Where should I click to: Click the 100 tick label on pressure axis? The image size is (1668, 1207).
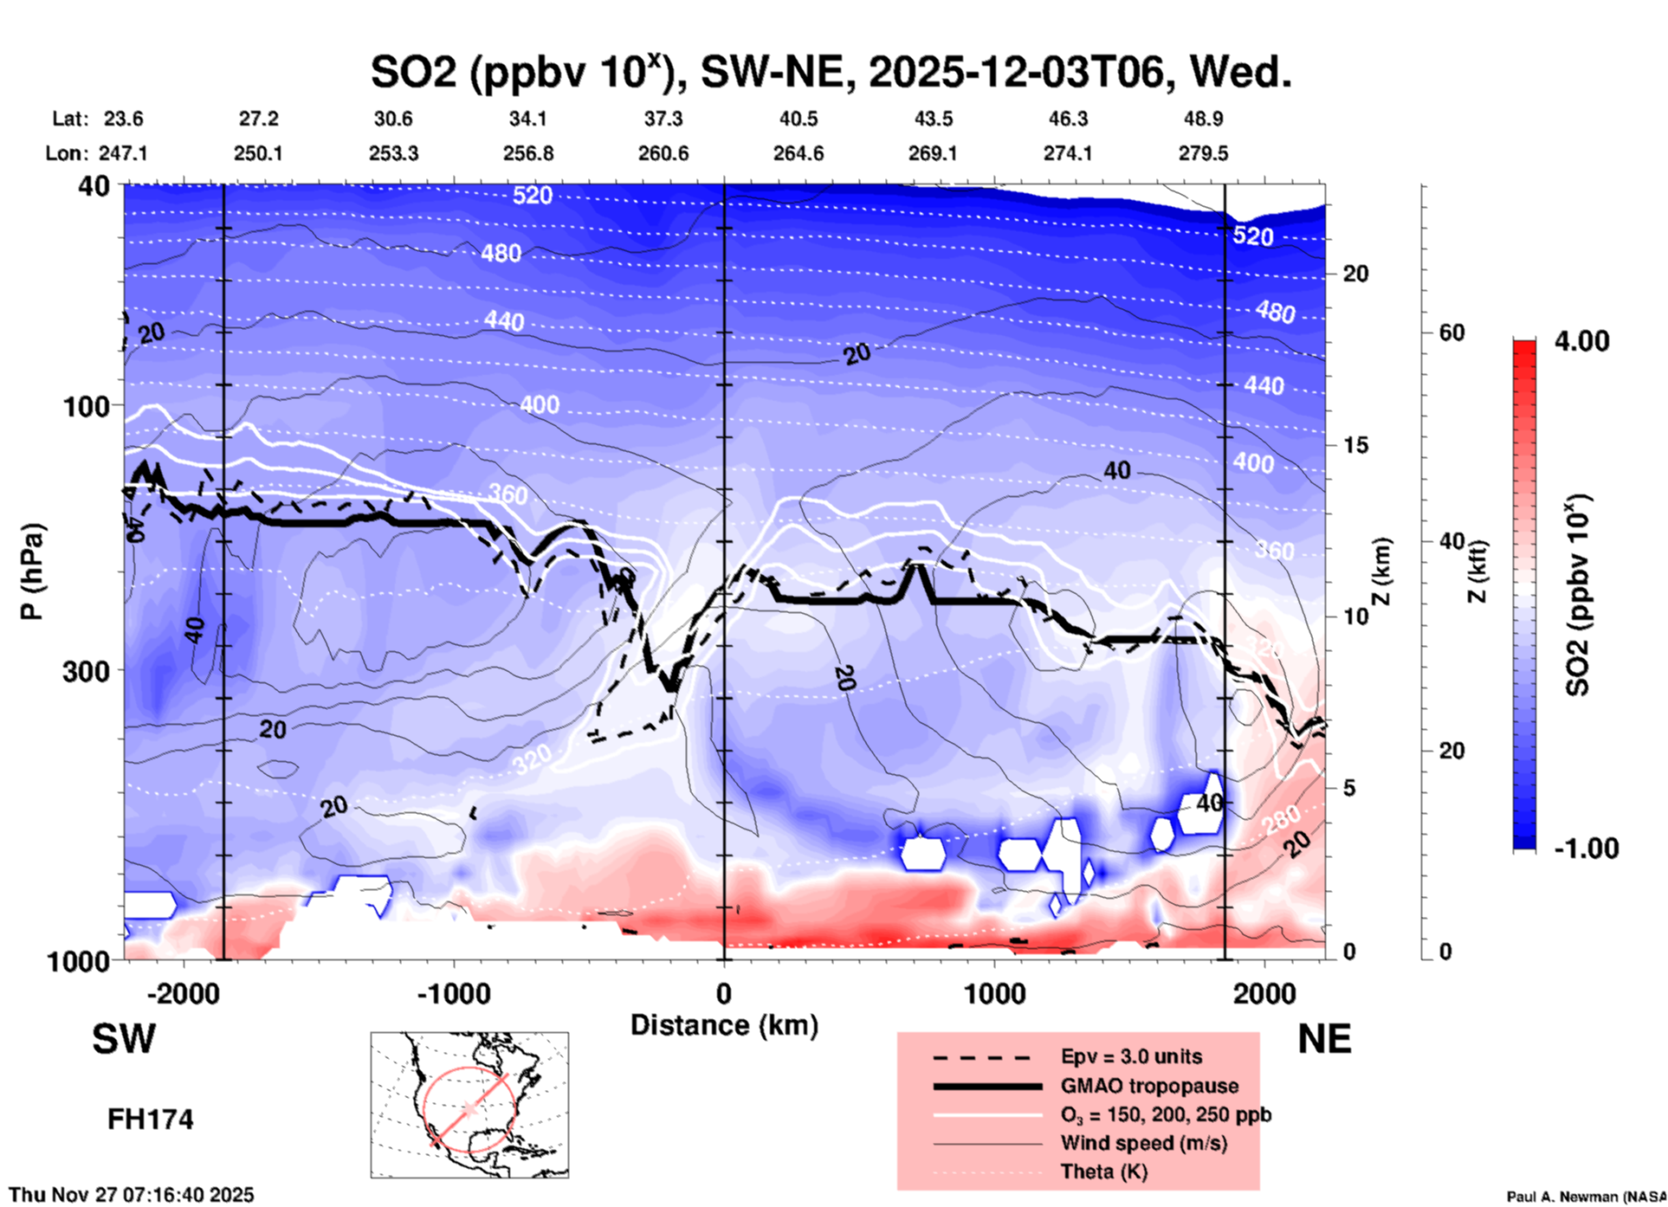(87, 406)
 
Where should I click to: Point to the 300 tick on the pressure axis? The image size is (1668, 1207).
(87, 671)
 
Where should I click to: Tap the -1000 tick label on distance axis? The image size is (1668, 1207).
(453, 994)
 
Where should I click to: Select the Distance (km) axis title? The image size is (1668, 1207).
(724, 1025)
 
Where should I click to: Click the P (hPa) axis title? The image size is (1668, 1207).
(31, 571)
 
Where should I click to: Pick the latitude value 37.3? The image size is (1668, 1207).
(663, 119)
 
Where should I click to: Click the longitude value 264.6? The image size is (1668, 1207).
(798, 153)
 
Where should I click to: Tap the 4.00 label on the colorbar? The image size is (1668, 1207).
(1581, 341)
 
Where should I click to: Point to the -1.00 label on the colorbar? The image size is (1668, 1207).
(1586, 849)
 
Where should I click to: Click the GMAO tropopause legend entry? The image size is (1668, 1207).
(1149, 1086)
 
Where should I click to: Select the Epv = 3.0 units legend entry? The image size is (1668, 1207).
(1131, 1057)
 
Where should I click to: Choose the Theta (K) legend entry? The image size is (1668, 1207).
(1103, 1172)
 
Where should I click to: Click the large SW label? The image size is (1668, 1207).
(124, 1039)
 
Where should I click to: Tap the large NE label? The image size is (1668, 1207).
(1324, 1039)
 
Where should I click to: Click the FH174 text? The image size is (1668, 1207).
(150, 1120)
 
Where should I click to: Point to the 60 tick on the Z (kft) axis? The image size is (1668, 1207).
(1451, 332)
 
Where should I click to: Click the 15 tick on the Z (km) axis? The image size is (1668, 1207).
(1355, 445)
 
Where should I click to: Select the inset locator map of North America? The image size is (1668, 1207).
(469, 1105)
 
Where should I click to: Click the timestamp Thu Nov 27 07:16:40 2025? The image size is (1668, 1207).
(132, 1195)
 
